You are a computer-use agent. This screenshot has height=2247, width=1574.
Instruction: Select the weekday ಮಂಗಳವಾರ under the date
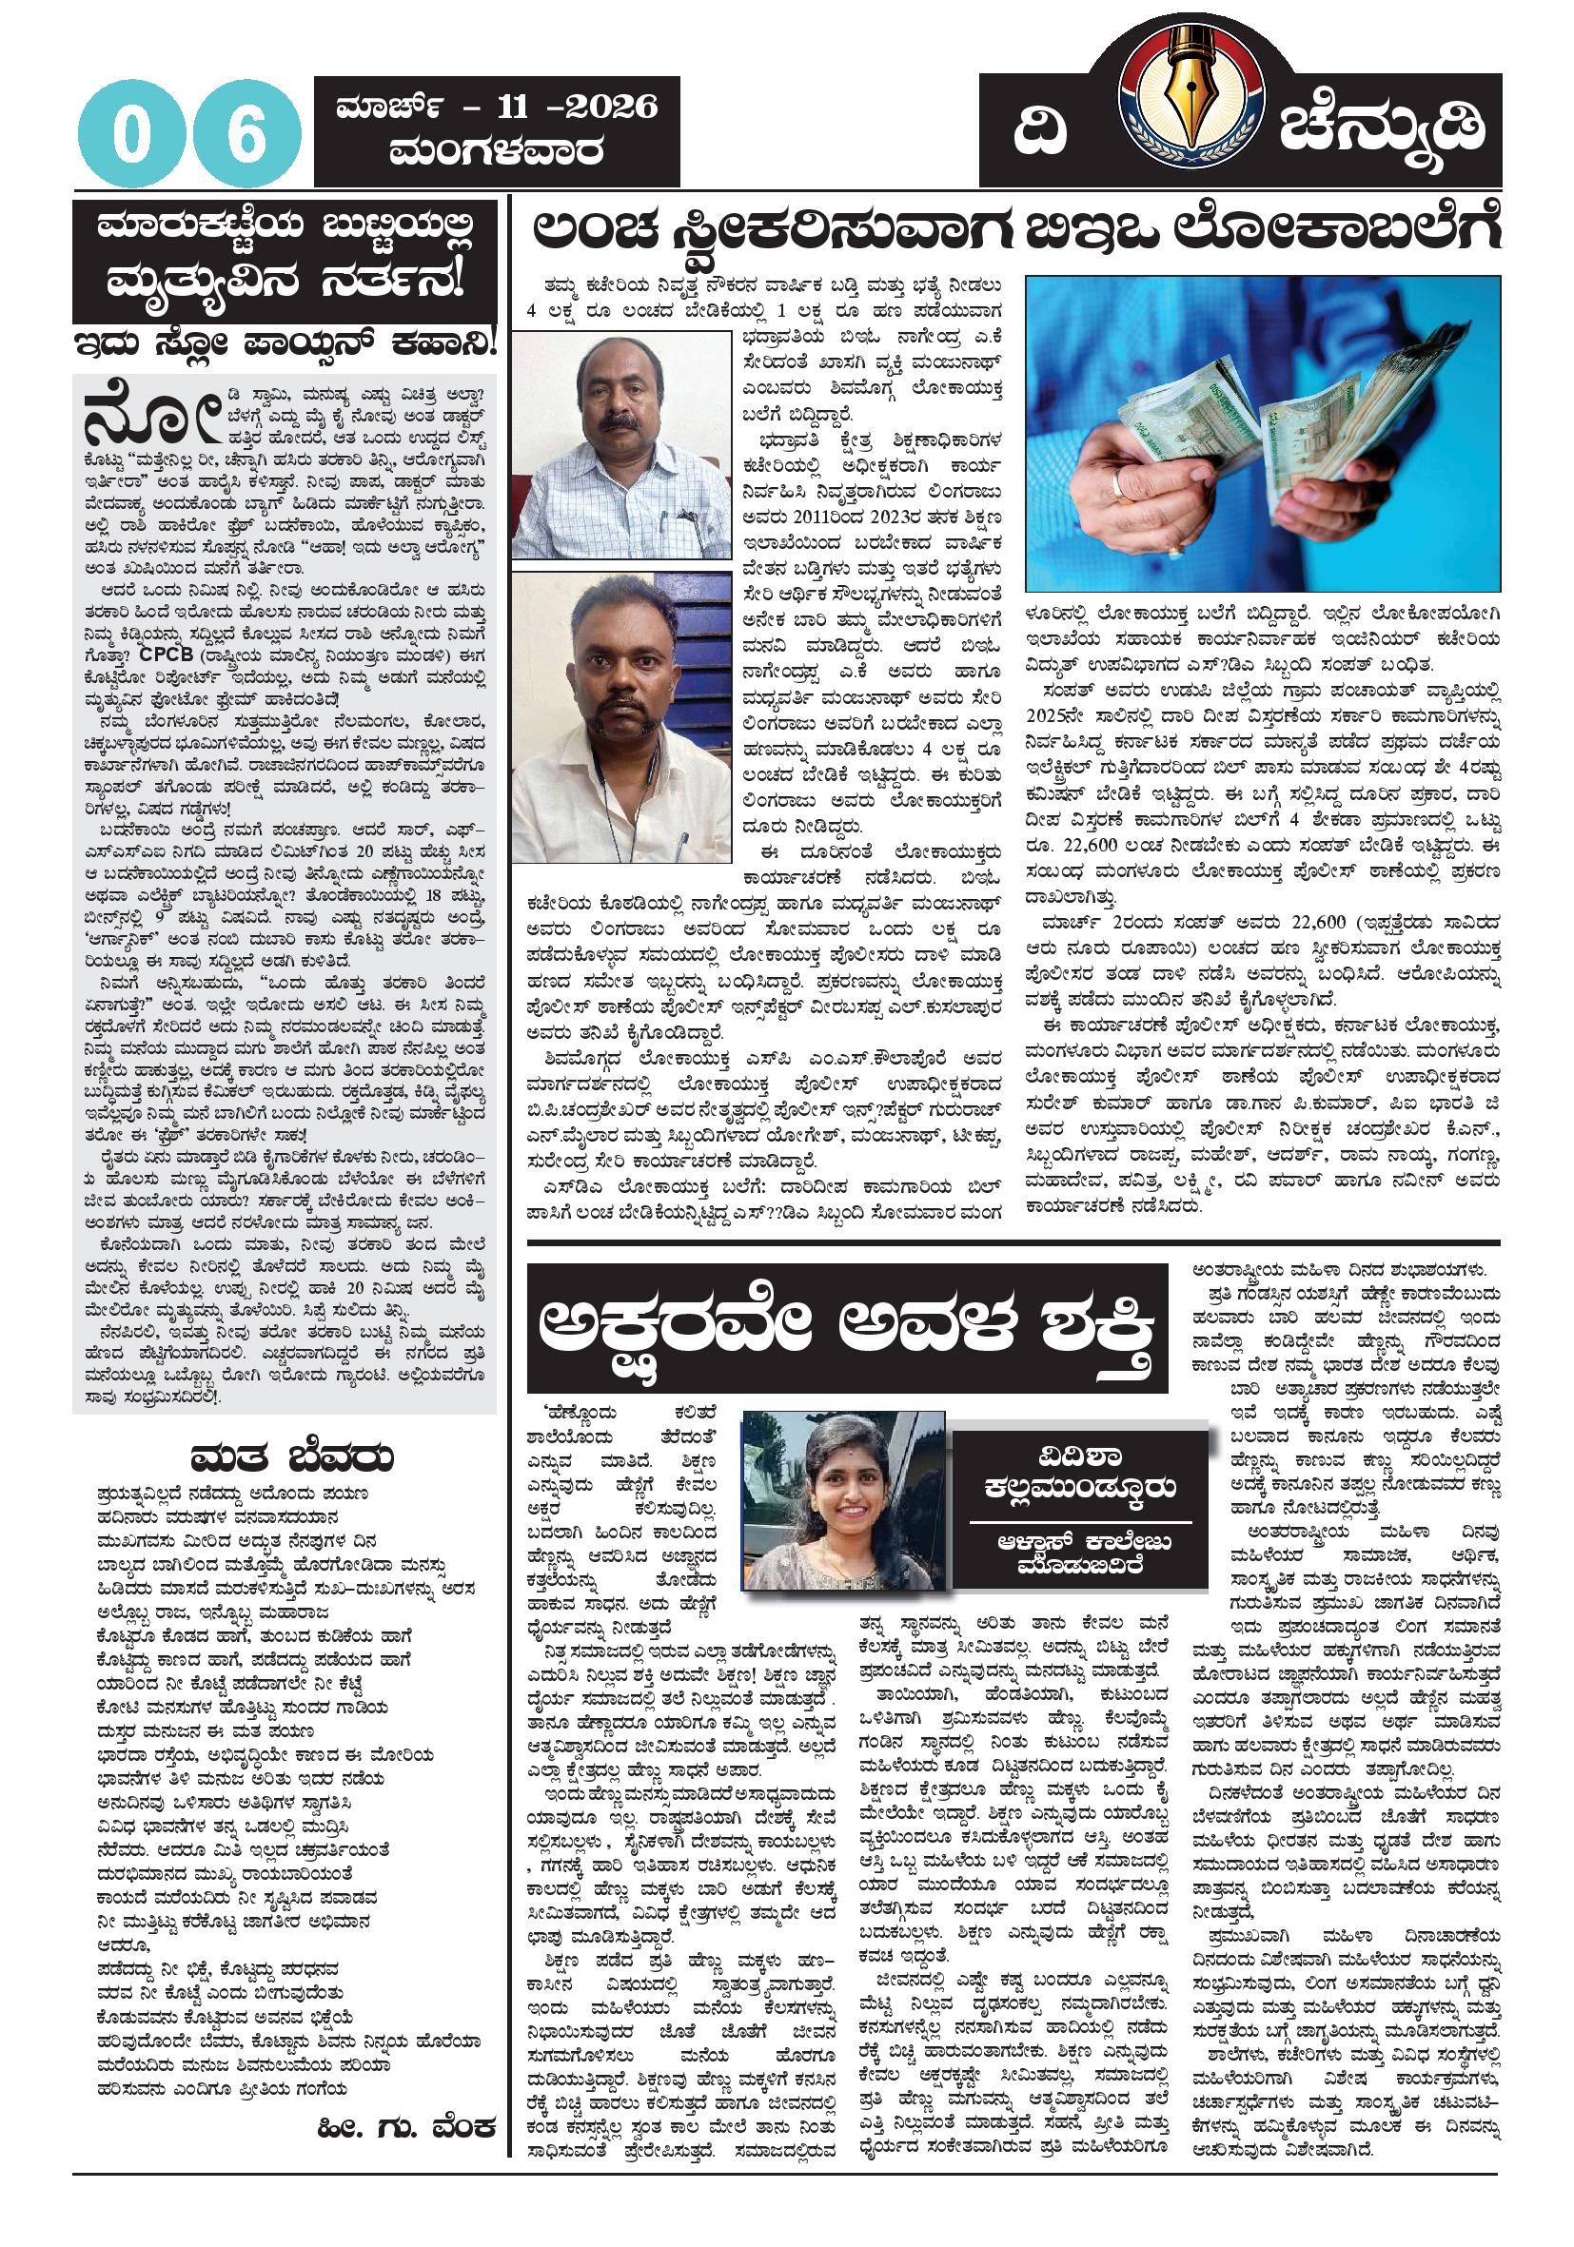pyautogui.click(x=495, y=151)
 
